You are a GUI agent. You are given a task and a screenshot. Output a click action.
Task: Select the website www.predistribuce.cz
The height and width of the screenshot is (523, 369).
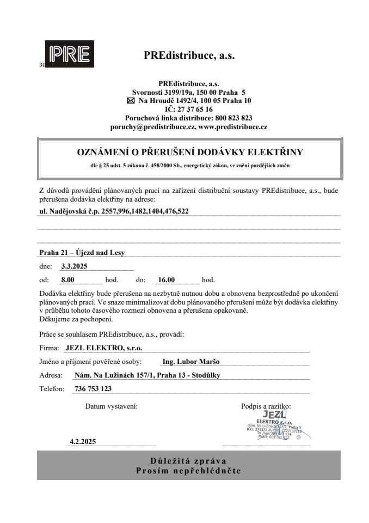point(232,126)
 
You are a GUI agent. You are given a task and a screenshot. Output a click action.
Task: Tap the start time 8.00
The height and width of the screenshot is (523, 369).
point(68,280)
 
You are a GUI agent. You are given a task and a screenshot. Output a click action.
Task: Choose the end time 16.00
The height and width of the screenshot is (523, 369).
point(165,280)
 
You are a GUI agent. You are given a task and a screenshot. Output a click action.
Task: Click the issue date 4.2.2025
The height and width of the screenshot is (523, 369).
point(83,442)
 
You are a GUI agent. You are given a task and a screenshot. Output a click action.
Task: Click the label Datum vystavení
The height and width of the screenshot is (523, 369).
point(111,406)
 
